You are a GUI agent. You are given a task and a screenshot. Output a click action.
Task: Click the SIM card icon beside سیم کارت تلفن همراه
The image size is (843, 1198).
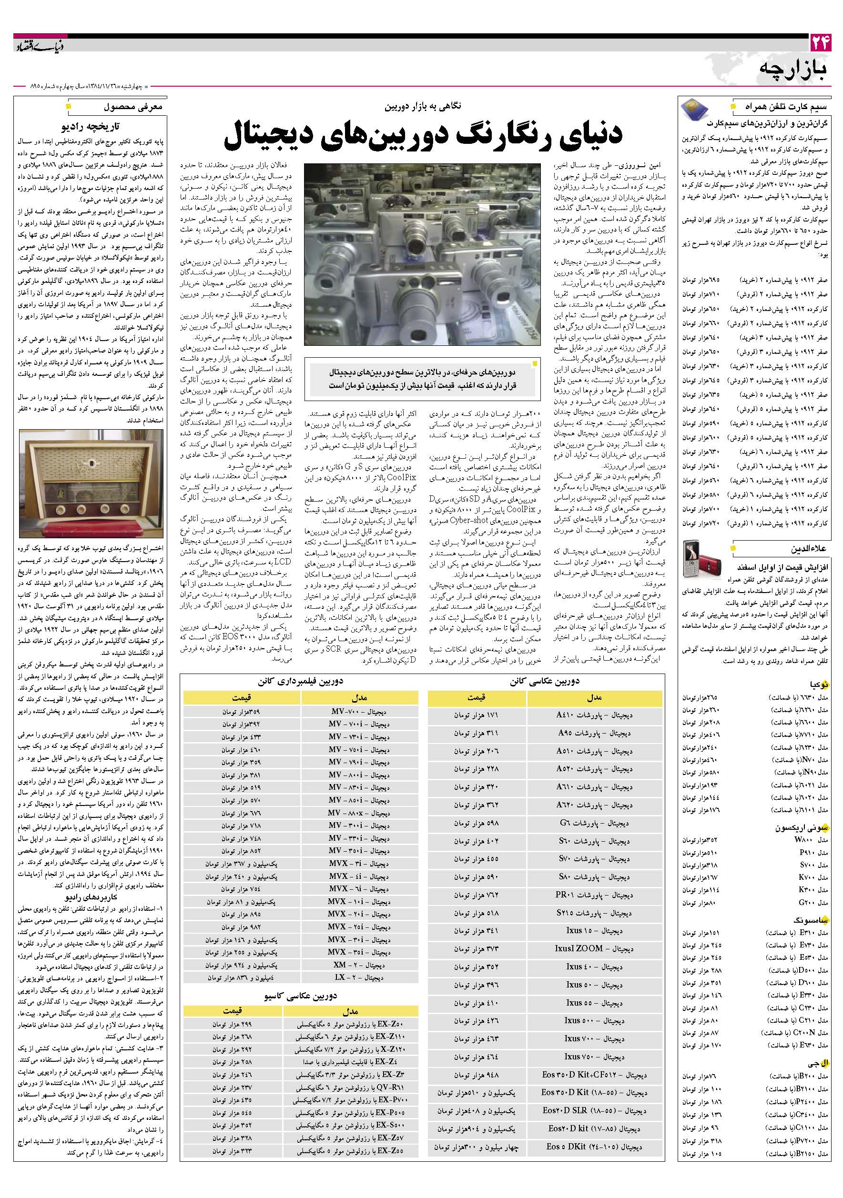694,110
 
